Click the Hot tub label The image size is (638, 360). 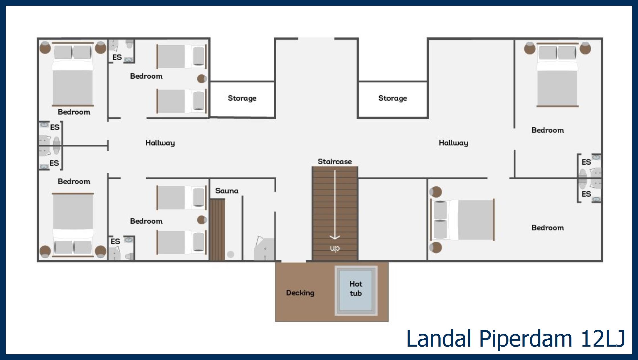tap(356, 289)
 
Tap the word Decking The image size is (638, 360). tap(300, 293)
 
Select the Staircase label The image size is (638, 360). tap(335, 161)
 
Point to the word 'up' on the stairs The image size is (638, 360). tap(335, 248)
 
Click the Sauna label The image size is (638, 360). tap(227, 191)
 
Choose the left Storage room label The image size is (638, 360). tap(242, 98)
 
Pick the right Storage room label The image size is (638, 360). tap(392, 98)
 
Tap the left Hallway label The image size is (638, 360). tap(160, 143)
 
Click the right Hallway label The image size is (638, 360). tap(453, 143)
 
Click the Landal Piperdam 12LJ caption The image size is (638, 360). tap(516, 339)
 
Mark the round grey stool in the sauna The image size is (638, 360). tap(231, 254)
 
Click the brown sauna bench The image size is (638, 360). tap(217, 230)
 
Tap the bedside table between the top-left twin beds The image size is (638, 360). tap(202, 79)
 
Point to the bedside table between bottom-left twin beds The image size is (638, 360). tap(202, 220)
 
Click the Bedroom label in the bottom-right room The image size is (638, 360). tap(548, 228)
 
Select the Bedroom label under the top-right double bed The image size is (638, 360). tap(548, 130)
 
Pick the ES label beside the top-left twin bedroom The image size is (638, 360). tap(117, 57)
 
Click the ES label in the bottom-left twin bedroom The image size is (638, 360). tap(115, 242)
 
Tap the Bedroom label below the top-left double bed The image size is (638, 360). tap(74, 112)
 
